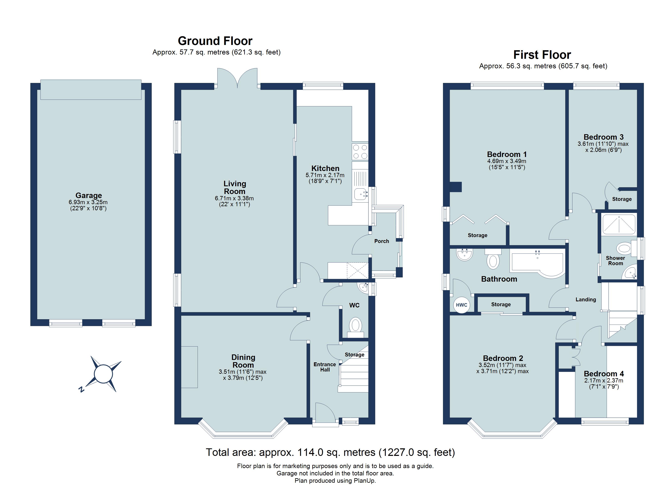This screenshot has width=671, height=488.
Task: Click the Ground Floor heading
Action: tap(215, 41)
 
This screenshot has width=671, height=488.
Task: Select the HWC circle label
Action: tap(462, 305)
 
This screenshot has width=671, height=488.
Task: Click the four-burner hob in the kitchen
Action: tap(360, 151)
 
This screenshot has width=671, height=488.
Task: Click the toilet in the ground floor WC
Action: tap(355, 326)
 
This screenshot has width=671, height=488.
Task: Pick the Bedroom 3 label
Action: tap(603, 137)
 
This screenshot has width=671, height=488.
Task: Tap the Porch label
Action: tap(381, 241)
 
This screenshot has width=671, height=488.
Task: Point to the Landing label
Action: tap(585, 300)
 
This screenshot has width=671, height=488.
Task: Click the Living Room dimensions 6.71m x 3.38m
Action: tap(234, 198)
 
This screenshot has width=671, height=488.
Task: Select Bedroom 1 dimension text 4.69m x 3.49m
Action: tap(507, 161)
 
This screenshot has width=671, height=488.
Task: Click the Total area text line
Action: tap(330, 452)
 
